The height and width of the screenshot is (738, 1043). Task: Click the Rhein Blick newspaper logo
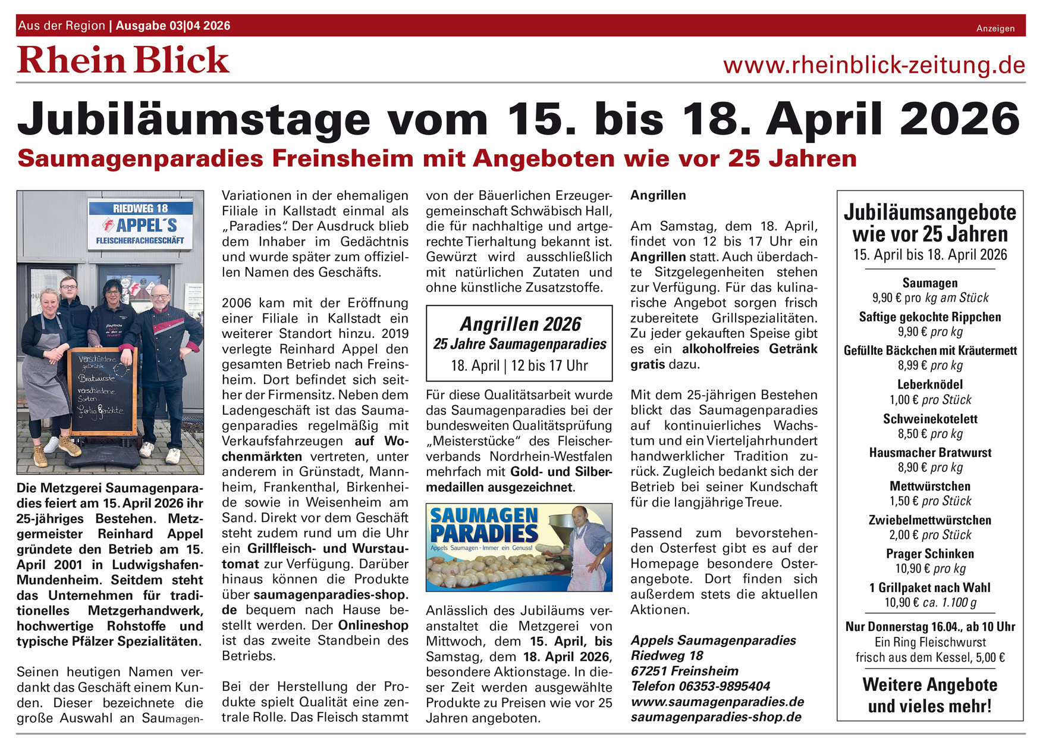tap(123, 60)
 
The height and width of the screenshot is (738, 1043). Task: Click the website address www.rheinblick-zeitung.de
tap(874, 65)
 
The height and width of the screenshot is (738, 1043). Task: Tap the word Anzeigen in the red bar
tap(995, 29)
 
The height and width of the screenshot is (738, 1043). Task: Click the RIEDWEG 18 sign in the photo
tap(140, 208)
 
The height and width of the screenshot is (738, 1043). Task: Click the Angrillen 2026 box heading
tap(520, 324)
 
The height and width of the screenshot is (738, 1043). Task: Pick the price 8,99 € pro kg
tap(930, 365)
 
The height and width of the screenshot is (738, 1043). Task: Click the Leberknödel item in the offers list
tap(930, 384)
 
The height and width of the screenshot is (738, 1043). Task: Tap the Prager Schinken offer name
tap(930, 553)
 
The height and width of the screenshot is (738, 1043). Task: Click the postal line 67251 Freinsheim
tap(684, 671)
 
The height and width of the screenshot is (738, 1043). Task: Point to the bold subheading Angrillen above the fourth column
tap(658, 195)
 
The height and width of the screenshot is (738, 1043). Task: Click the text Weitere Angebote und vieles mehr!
tap(930, 695)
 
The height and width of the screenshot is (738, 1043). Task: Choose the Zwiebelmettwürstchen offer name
tap(930, 520)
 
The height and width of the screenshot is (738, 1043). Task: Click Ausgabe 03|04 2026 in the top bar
tap(173, 26)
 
